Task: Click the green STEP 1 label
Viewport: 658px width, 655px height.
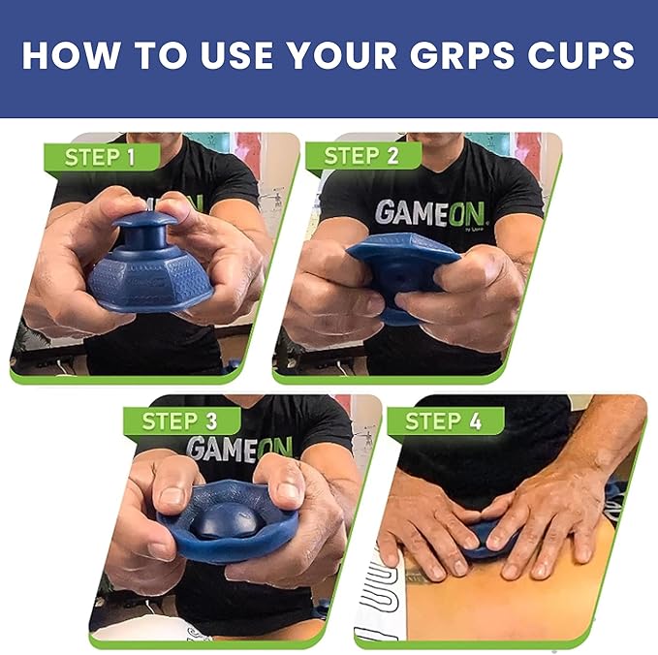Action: (x=100, y=157)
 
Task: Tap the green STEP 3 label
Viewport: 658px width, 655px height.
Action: (x=180, y=421)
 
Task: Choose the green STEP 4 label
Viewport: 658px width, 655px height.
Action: (x=445, y=421)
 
